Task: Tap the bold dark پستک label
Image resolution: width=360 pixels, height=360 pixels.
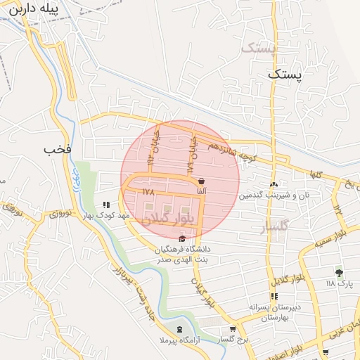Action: [289, 74]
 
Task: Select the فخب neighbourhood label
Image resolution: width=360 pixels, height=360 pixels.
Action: [58, 149]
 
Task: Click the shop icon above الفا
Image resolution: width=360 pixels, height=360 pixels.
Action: [202, 181]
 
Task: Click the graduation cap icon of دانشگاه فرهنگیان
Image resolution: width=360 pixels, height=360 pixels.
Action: [183, 240]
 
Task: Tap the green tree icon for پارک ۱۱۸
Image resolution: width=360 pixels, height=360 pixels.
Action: [340, 272]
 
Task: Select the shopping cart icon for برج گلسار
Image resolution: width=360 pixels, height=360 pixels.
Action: [233, 329]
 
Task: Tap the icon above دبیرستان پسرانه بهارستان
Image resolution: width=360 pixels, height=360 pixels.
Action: [273, 297]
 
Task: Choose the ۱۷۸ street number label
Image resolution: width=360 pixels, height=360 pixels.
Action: [148, 191]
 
